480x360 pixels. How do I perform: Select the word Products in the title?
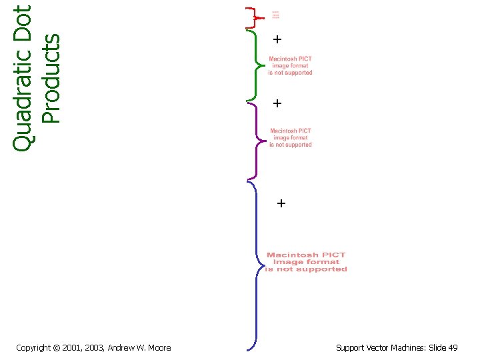click(x=51, y=79)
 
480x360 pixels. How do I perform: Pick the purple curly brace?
click(x=254, y=140)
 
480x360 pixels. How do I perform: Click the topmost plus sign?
click(x=277, y=40)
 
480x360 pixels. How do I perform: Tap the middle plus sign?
click(x=277, y=103)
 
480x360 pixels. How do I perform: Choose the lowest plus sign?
click(x=281, y=203)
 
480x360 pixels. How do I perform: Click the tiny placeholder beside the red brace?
click(x=275, y=15)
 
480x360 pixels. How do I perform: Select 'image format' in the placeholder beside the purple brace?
click(x=291, y=138)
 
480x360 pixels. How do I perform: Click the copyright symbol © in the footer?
click(x=56, y=347)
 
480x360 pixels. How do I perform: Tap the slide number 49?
click(x=453, y=347)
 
